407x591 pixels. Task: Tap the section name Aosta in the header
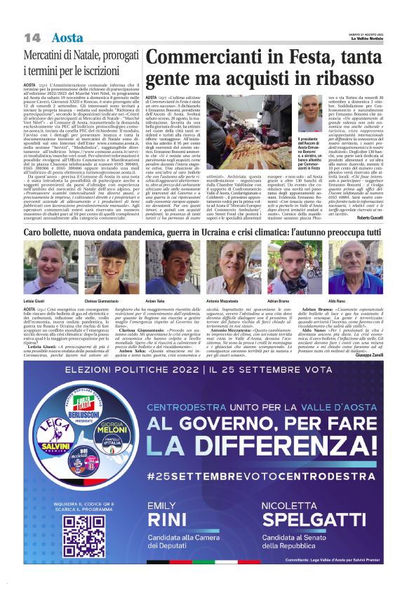68,37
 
